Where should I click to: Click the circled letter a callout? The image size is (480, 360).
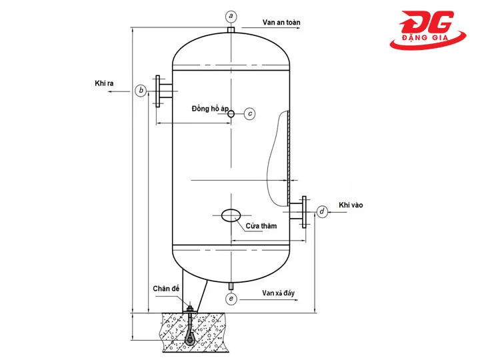point(231,15)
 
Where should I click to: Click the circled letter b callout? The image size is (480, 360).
point(141,90)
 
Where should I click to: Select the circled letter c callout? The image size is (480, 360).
point(250,113)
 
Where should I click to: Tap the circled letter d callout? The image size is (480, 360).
point(322,212)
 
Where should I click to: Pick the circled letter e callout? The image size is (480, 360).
point(231,299)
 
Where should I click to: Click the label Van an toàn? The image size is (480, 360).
point(281,22)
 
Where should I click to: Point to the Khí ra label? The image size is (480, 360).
point(105,84)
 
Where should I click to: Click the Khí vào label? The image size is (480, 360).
point(351,205)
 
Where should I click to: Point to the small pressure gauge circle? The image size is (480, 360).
point(231,114)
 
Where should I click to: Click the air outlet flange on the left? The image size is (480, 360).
point(161,90)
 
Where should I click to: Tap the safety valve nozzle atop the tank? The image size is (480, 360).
point(231,31)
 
